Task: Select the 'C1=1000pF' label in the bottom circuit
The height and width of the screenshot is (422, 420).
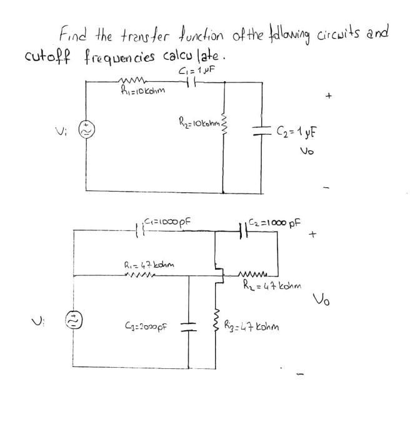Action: pyautogui.click(x=167, y=220)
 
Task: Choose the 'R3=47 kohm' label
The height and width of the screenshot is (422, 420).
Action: pyautogui.click(x=261, y=325)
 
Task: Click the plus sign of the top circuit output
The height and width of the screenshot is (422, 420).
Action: pyautogui.click(x=328, y=97)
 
